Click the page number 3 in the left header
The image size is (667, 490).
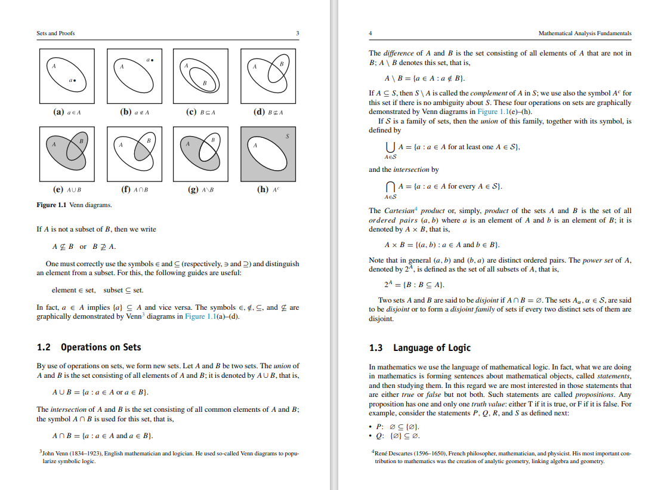pyautogui.click(x=298, y=33)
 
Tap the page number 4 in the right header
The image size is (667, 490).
pyautogui.click(x=370, y=33)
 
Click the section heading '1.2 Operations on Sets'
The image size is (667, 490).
pyautogui.click(x=89, y=347)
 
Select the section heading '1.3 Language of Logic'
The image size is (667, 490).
pyautogui.click(x=420, y=347)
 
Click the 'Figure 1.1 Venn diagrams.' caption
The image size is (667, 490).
pyautogui.click(x=75, y=205)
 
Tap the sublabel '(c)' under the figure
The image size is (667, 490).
pyautogui.click(x=192, y=112)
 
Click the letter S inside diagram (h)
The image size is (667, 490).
pyautogui.click(x=287, y=136)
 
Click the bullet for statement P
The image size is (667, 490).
pyautogui.click(x=372, y=427)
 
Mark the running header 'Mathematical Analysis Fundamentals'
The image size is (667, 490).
pyautogui.click(x=584, y=33)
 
